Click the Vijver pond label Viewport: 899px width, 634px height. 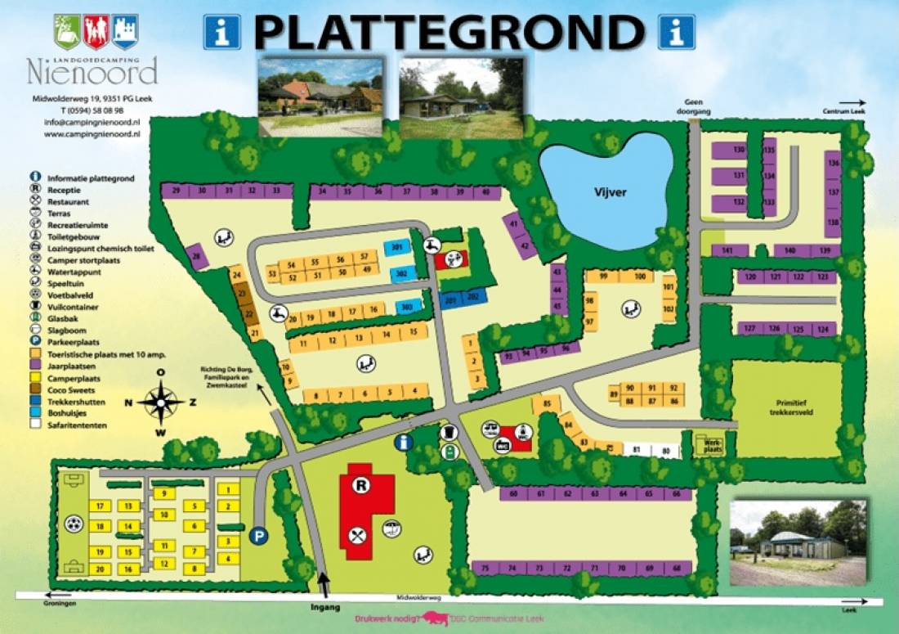click(x=610, y=193)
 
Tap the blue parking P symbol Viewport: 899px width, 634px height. click(x=259, y=537)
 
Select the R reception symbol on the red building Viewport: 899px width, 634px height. click(x=360, y=485)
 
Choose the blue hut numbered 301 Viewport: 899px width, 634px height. click(x=398, y=247)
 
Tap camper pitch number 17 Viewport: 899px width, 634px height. click(x=100, y=506)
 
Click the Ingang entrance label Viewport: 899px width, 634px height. click(x=324, y=608)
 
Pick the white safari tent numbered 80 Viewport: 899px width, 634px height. click(x=667, y=451)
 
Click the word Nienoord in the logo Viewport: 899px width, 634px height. click(x=92, y=73)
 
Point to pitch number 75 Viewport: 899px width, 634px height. click(x=485, y=568)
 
